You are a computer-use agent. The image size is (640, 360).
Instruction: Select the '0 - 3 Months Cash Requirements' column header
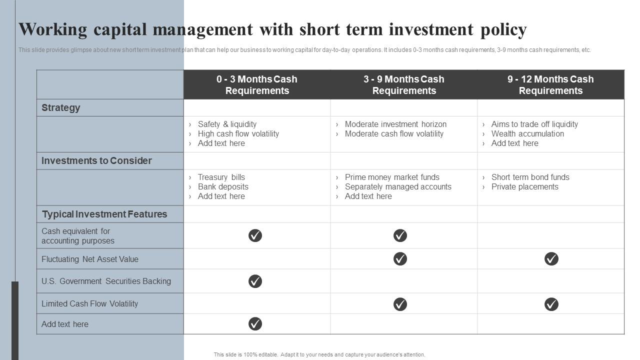tap(257, 84)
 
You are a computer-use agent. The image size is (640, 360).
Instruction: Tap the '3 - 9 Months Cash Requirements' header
tap(404, 84)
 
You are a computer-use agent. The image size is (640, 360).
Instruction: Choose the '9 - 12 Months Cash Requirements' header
tap(550, 84)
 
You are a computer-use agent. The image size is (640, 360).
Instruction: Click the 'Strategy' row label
tap(60, 107)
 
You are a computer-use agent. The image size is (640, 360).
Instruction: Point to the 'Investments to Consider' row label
tap(96, 160)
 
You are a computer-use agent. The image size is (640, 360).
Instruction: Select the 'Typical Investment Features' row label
tap(104, 214)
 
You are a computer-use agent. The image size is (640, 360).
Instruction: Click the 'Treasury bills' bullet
tap(221, 177)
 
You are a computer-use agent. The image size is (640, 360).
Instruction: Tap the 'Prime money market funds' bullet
tap(392, 177)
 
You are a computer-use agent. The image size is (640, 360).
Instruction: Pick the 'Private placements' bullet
tap(524, 186)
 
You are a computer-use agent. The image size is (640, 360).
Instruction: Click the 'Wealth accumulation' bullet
tap(527, 133)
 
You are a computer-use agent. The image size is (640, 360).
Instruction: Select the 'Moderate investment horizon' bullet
tap(395, 124)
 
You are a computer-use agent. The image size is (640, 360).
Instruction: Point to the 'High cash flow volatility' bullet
tap(238, 133)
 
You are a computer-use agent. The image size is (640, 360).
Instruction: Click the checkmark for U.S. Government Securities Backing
tap(255, 281)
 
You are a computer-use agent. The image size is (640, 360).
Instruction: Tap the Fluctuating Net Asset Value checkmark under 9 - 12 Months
tap(551, 258)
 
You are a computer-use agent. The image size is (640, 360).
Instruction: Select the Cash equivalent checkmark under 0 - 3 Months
tap(255, 235)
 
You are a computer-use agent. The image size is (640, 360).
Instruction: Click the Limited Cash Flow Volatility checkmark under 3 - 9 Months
tap(400, 304)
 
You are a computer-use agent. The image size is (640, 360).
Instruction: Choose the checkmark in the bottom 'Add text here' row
tap(255, 324)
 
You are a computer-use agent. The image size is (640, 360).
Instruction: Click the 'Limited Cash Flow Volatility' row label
tap(89, 303)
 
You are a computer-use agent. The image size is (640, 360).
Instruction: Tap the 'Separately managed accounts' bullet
tap(398, 186)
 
